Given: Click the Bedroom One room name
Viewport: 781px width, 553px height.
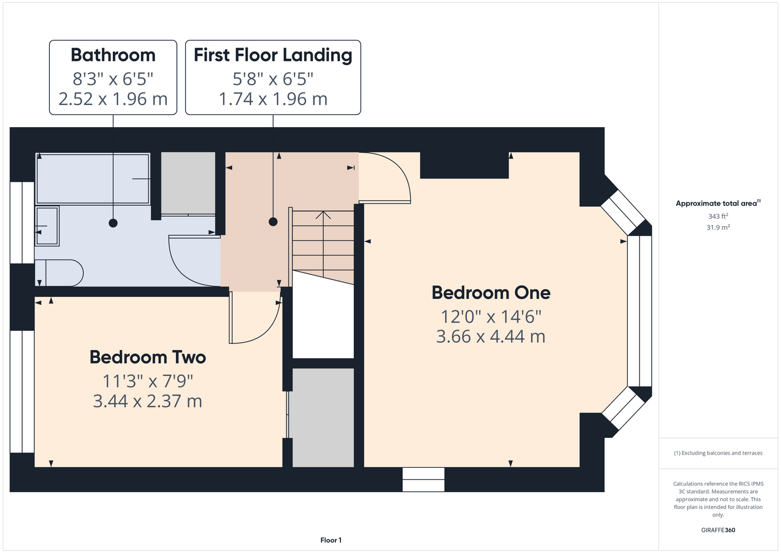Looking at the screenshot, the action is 491,293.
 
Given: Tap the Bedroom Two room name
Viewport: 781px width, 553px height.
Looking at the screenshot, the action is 148,357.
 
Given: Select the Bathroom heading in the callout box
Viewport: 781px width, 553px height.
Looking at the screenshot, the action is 113,55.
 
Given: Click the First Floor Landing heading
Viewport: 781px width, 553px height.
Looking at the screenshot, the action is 273,55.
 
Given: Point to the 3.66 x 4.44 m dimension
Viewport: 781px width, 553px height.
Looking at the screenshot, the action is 491,337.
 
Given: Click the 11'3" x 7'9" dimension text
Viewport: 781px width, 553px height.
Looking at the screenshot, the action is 148,381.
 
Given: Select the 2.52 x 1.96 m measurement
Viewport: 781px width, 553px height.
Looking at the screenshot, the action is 113,99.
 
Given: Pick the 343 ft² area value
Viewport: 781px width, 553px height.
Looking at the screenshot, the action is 718,216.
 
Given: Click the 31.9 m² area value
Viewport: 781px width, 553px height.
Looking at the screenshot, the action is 718,227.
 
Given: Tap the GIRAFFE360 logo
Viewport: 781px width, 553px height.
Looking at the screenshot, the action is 718,530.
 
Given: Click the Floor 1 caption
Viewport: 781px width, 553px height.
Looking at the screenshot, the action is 331,540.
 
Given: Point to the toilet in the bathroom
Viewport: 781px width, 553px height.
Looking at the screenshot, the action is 59,273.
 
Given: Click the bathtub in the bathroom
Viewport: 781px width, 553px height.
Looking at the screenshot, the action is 93,179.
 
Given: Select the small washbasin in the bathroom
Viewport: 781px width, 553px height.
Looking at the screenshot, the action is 47,226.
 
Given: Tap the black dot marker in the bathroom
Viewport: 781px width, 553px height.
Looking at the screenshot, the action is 113,223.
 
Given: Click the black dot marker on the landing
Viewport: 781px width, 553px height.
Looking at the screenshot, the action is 273,222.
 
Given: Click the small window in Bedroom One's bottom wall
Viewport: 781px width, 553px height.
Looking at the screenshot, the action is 423,480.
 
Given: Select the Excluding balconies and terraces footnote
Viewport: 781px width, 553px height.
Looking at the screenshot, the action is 718,453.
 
